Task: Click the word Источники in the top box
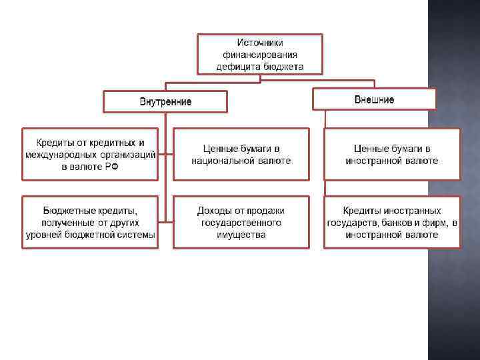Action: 259,42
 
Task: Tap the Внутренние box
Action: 165,102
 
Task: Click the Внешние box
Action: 374,99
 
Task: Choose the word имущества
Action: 241,235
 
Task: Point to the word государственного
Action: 241,223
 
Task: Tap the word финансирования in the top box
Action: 260,54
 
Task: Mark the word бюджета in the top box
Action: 284,66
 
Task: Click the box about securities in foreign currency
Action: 392,154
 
